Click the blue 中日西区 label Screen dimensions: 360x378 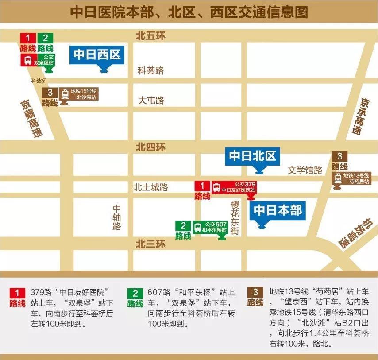(97, 54)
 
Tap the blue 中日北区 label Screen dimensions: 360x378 (252, 156)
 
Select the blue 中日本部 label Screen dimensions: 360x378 (278, 210)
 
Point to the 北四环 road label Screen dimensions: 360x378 (150, 147)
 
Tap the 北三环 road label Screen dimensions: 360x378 (150, 244)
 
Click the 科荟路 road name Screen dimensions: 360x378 (150, 70)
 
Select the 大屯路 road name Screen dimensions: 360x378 (150, 101)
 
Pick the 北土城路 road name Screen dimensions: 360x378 (150, 187)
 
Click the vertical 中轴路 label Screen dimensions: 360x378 (117, 217)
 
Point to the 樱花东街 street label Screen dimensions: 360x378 (235, 218)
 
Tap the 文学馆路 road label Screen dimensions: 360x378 (305, 170)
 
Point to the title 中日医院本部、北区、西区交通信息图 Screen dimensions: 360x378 (189, 12)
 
